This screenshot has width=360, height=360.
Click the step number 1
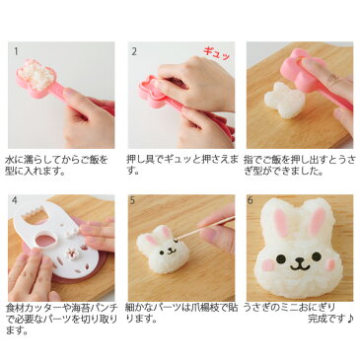(x=13, y=48)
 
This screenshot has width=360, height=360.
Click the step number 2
(x=135, y=48)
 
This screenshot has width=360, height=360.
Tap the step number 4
(x=13, y=201)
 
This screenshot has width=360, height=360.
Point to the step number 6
(x=251, y=201)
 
